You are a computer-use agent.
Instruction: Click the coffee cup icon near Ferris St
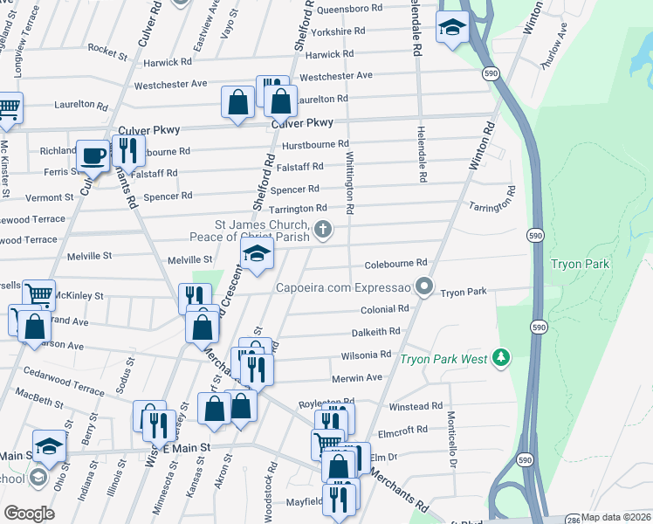coord(93,156)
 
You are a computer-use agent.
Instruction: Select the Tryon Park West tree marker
coord(500,357)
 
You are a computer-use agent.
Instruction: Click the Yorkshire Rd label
coord(337,31)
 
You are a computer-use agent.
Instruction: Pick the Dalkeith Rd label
coord(375,332)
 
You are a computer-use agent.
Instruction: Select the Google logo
coord(29,514)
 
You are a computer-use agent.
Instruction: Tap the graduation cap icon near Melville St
coord(258,254)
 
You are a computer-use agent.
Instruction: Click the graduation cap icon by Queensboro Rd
coord(453,28)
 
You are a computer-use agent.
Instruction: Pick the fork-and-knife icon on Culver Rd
coord(128,150)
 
